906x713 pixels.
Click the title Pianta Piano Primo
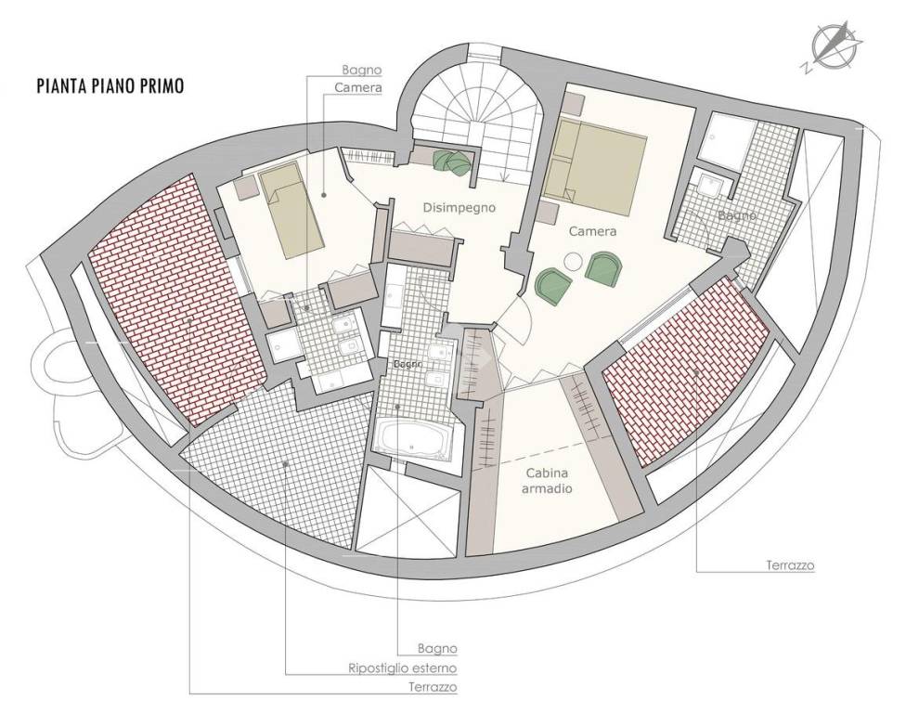click(110, 86)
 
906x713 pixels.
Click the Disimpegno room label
click(459, 207)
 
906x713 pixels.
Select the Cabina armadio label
click(547, 481)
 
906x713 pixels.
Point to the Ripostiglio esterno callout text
click(402, 668)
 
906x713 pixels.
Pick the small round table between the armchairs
click(575, 261)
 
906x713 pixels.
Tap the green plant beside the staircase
click(455, 161)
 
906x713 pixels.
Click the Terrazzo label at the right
click(790, 565)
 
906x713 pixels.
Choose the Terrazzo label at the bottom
click(433, 688)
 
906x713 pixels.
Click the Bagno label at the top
click(362, 70)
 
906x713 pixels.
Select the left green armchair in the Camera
click(553, 284)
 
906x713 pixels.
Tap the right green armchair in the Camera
click(603, 268)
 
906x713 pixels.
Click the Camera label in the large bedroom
click(592, 232)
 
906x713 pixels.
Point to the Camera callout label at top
click(358, 88)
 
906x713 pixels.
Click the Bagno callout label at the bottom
click(437, 649)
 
